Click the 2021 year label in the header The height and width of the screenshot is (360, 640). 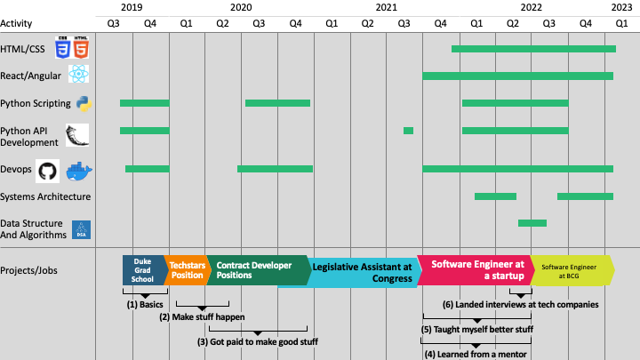coord(387,7)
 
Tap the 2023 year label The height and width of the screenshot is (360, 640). coord(621,7)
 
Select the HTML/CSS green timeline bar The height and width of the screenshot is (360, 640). coord(532,48)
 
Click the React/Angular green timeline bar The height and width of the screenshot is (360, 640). coord(517,76)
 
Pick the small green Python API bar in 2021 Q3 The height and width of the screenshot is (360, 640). coord(408,131)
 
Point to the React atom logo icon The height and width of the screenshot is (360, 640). coord(79,75)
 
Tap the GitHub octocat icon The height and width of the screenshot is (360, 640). coord(47,169)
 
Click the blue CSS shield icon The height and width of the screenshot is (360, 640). coord(63,49)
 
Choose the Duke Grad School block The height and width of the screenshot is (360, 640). coord(143,269)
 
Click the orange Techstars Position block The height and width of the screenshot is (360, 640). coord(187,269)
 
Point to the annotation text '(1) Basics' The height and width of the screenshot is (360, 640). coord(146,304)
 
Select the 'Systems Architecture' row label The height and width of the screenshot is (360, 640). coord(45,196)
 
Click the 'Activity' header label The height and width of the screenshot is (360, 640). coord(17,21)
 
